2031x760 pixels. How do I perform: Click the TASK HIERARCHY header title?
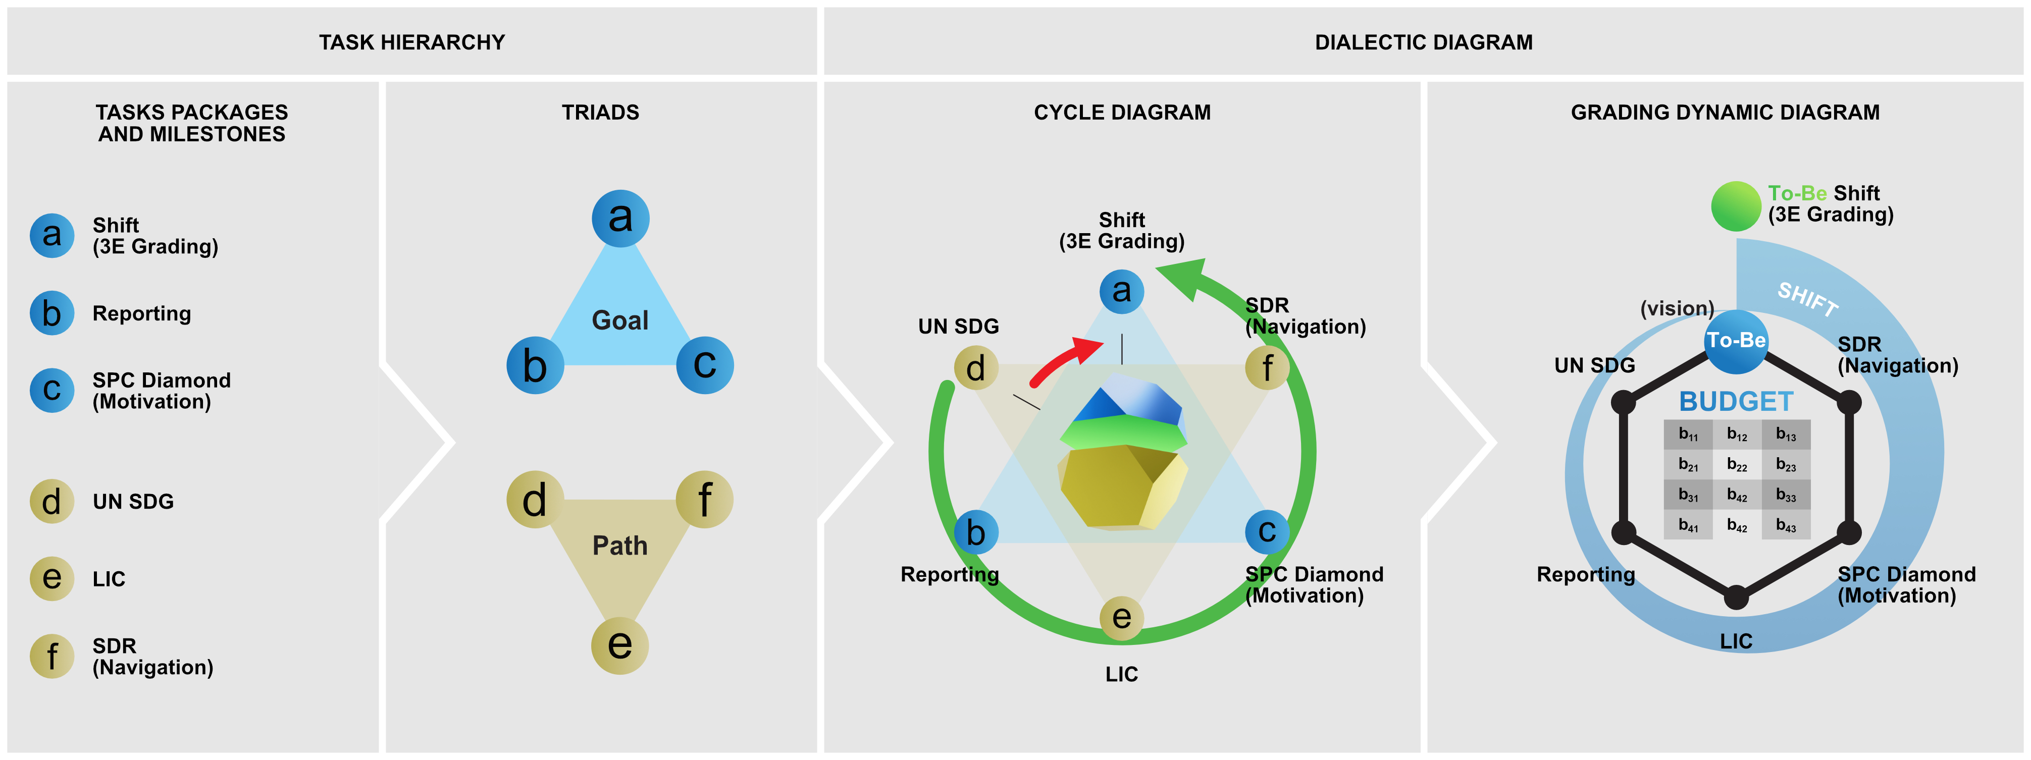[x=411, y=42]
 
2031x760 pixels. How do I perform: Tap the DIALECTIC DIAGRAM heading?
[x=1423, y=42]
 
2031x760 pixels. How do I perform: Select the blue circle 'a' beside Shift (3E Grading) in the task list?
[x=52, y=235]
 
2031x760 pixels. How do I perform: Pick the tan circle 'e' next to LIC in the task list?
[x=52, y=578]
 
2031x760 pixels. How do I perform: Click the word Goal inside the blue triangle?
[x=620, y=320]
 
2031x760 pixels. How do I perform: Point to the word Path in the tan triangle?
[x=620, y=546]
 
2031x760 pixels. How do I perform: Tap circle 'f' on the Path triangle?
[x=704, y=499]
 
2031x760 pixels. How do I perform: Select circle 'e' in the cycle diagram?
[x=1121, y=617]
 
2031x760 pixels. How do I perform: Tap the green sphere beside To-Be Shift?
[x=1735, y=206]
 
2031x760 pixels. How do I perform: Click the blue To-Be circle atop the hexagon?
[x=1735, y=341]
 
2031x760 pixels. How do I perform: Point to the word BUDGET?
[x=1735, y=401]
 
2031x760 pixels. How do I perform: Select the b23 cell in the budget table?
[x=1786, y=464]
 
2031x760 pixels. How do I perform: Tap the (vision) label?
[x=1677, y=308]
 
